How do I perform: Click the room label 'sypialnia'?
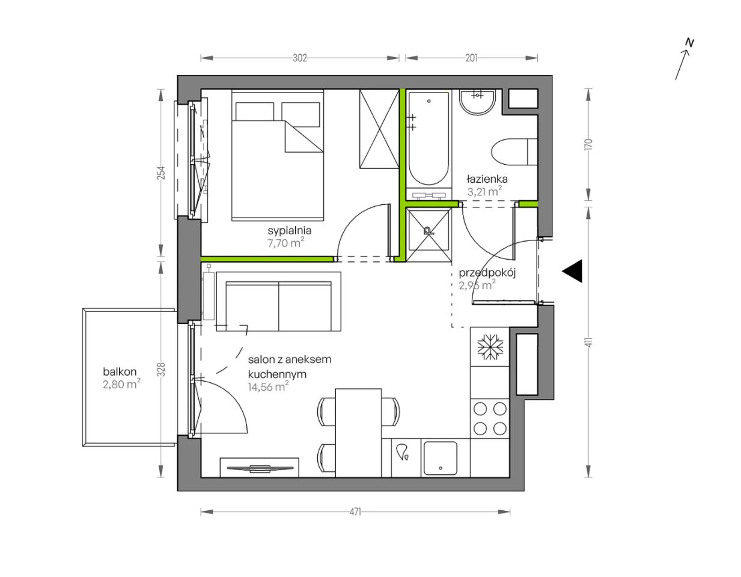(x=289, y=231)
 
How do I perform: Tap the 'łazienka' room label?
(x=487, y=179)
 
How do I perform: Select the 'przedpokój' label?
(x=487, y=273)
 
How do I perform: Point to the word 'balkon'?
(x=120, y=371)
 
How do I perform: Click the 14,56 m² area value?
(x=269, y=387)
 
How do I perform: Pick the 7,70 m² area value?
(x=285, y=243)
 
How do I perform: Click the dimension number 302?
(x=300, y=58)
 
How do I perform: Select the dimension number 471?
(x=355, y=512)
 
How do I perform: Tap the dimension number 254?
(x=162, y=173)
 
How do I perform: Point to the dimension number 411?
(x=589, y=342)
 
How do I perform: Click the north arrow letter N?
(x=690, y=43)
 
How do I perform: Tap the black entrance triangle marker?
(x=572, y=271)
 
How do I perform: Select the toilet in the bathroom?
(x=514, y=151)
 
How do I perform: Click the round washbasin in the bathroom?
(x=477, y=102)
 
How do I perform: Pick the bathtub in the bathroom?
(x=428, y=139)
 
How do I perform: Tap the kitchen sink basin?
(x=441, y=459)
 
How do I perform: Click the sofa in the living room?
(x=278, y=302)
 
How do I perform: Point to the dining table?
(x=358, y=433)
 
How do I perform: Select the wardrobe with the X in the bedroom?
(x=379, y=129)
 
